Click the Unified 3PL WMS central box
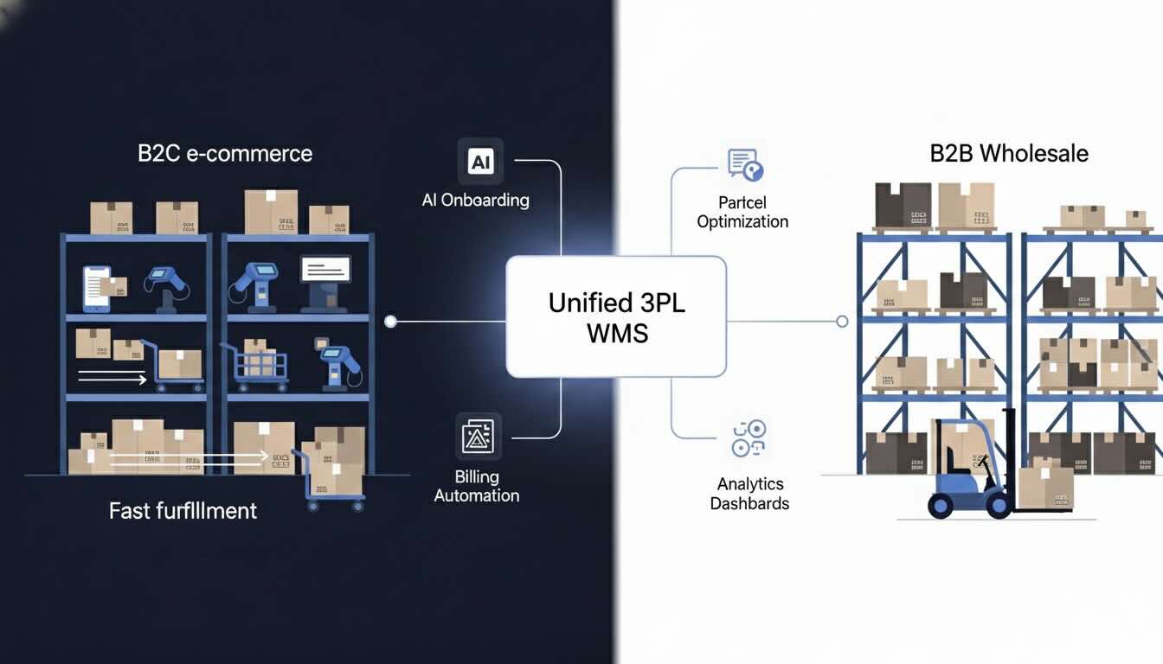pyautogui.click(x=615, y=316)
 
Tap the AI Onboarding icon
pyautogui.click(x=480, y=161)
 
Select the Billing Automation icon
pyautogui.click(x=478, y=436)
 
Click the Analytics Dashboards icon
pyautogui.click(x=749, y=438)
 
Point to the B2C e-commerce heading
pyautogui.click(x=225, y=154)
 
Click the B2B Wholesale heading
pyautogui.click(x=1009, y=154)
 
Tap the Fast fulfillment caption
pyautogui.click(x=183, y=510)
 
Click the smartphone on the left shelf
pyautogui.click(x=95, y=288)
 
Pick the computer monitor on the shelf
pyautogui.click(x=325, y=276)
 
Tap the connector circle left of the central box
pyautogui.click(x=390, y=322)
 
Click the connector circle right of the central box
pyautogui.click(x=842, y=322)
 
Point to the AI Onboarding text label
pyautogui.click(x=475, y=201)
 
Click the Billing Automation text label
pyautogui.click(x=477, y=486)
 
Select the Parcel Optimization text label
pyautogui.click(x=742, y=212)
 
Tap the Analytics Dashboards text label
pyautogui.click(x=749, y=494)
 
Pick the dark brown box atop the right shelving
pyautogui.click(x=903, y=205)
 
